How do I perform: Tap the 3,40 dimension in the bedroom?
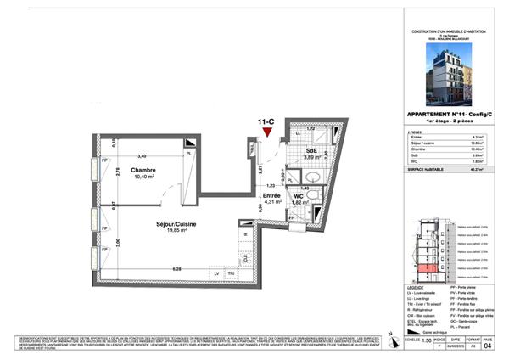[143, 156]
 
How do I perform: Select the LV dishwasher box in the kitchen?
[216, 273]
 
